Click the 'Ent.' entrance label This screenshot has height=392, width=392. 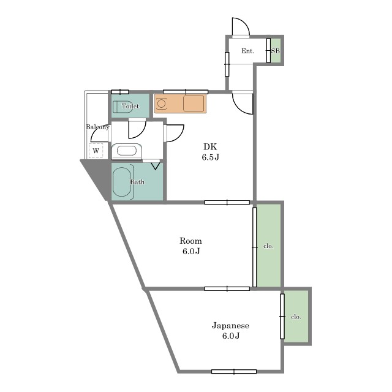[247, 51]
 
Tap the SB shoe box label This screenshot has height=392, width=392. [276, 51]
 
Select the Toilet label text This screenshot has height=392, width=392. [130, 106]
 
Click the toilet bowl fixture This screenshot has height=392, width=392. [122, 107]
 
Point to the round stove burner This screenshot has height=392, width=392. [161, 104]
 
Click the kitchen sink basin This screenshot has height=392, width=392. [194, 104]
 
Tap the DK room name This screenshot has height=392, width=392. [210, 146]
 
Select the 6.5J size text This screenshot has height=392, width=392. [211, 157]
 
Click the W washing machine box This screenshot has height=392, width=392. [96, 151]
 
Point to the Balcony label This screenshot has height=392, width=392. [98, 127]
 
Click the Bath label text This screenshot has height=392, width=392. [137, 182]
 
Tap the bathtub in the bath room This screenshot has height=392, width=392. [122, 182]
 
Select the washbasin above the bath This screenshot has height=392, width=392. [127, 151]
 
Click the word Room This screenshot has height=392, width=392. [190, 241]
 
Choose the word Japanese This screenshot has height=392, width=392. [230, 325]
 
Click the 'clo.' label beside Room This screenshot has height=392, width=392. [268, 246]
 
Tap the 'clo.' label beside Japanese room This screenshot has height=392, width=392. [296, 317]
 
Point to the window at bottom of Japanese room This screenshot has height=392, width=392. [234, 372]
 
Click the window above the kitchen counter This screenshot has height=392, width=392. [186, 91]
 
